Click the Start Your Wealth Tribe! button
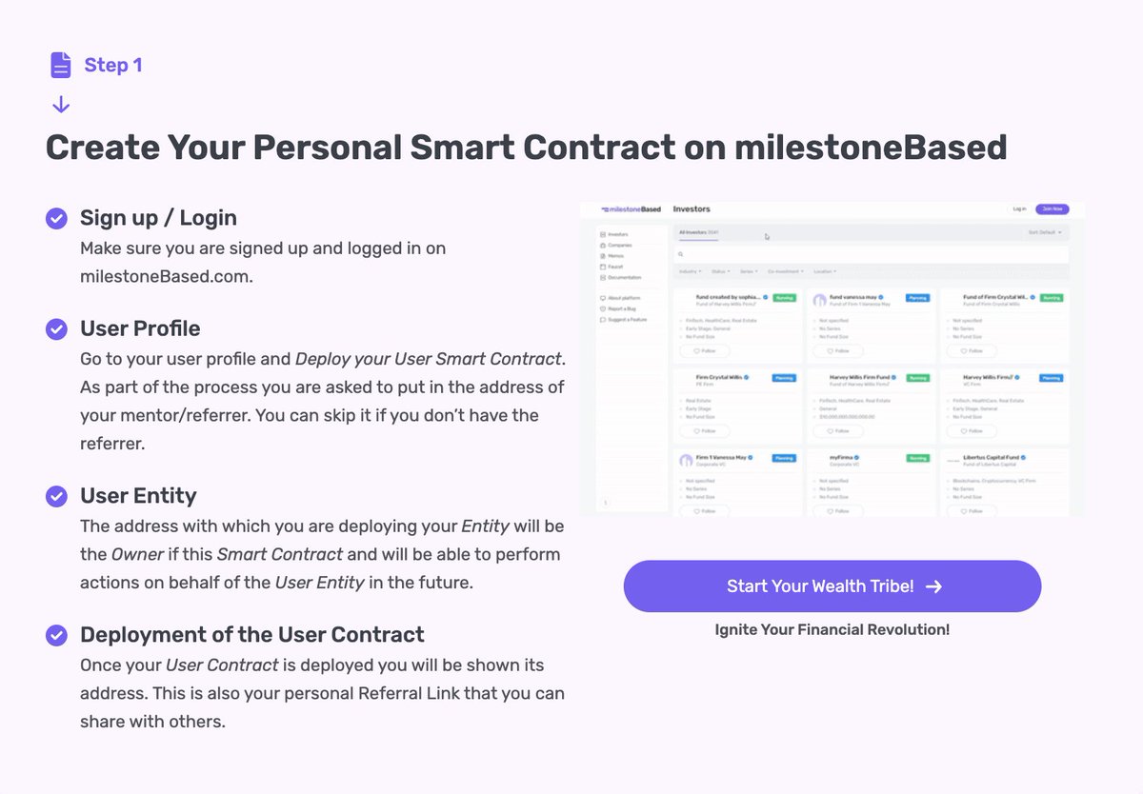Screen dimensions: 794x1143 point(832,586)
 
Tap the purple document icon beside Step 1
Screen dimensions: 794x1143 point(61,65)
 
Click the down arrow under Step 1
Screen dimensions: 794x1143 point(61,104)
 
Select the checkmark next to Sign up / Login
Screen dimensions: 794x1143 point(57,218)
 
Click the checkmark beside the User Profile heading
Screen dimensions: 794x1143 point(57,329)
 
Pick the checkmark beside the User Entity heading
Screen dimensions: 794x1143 point(57,496)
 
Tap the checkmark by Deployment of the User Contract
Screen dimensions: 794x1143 point(57,635)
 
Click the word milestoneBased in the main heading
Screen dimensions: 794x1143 point(871,148)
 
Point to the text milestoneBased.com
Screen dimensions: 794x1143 point(167,276)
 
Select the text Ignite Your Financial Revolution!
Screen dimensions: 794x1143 point(832,629)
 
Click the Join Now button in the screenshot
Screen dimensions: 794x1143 point(1053,208)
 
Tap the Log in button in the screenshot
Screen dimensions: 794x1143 point(1019,208)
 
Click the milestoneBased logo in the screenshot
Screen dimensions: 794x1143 point(631,208)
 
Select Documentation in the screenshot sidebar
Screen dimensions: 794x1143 point(623,277)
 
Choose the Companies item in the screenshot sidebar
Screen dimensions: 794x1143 point(619,246)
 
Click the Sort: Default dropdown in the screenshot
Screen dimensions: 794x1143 point(1044,232)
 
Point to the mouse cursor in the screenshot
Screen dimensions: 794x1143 point(767,237)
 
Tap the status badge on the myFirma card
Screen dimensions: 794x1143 point(917,458)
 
